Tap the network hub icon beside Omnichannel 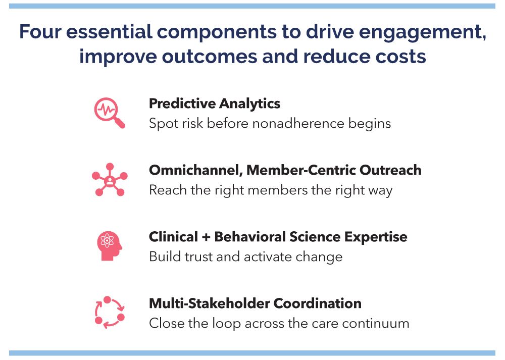pos(110,180)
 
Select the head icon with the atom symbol pos(110,246)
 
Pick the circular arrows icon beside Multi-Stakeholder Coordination pos(110,313)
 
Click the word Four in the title pos(40,31)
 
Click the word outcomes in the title pos(210,57)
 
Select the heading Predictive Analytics pos(215,104)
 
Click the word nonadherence pos(298,123)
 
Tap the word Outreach pos(390,170)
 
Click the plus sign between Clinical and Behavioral pos(206,237)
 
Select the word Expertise pos(376,237)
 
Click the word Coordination pos(317,303)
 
